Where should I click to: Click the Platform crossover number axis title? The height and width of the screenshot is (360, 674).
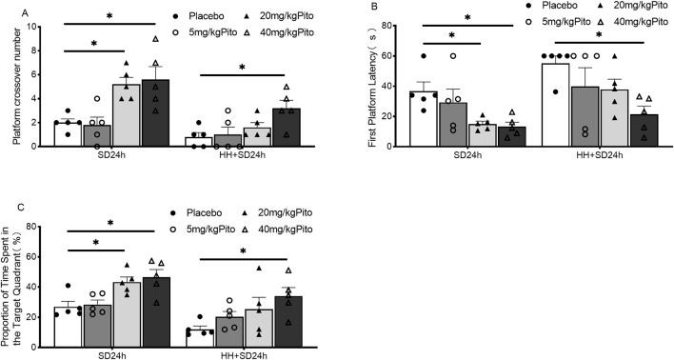pos(18,86)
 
